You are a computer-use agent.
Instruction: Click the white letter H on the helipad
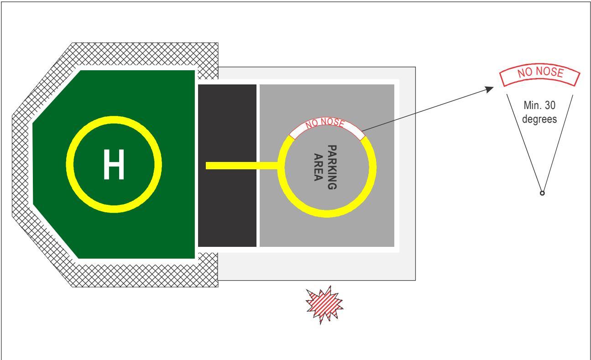[x=114, y=164]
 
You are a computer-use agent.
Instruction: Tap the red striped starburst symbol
[x=324, y=305]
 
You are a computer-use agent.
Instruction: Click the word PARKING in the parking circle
[x=332, y=167]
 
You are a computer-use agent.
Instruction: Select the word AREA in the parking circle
[x=319, y=167]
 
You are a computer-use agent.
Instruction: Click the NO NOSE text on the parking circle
[x=325, y=123]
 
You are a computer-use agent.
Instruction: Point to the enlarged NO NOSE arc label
[x=540, y=74]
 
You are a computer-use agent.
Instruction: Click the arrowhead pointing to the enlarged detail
[x=490, y=89]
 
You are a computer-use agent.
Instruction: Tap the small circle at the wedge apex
[x=542, y=193]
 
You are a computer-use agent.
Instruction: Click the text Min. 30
[x=539, y=105]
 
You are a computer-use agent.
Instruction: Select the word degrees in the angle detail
[x=539, y=119]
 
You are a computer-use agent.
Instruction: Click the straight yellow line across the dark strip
[x=242, y=166]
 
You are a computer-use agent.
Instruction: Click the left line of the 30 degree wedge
[x=524, y=143]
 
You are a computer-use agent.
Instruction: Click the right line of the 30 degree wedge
[x=558, y=144]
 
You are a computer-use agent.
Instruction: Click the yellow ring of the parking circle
[x=327, y=214]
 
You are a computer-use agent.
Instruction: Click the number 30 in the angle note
[x=550, y=105]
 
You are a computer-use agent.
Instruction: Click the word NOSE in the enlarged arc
[x=553, y=72]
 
